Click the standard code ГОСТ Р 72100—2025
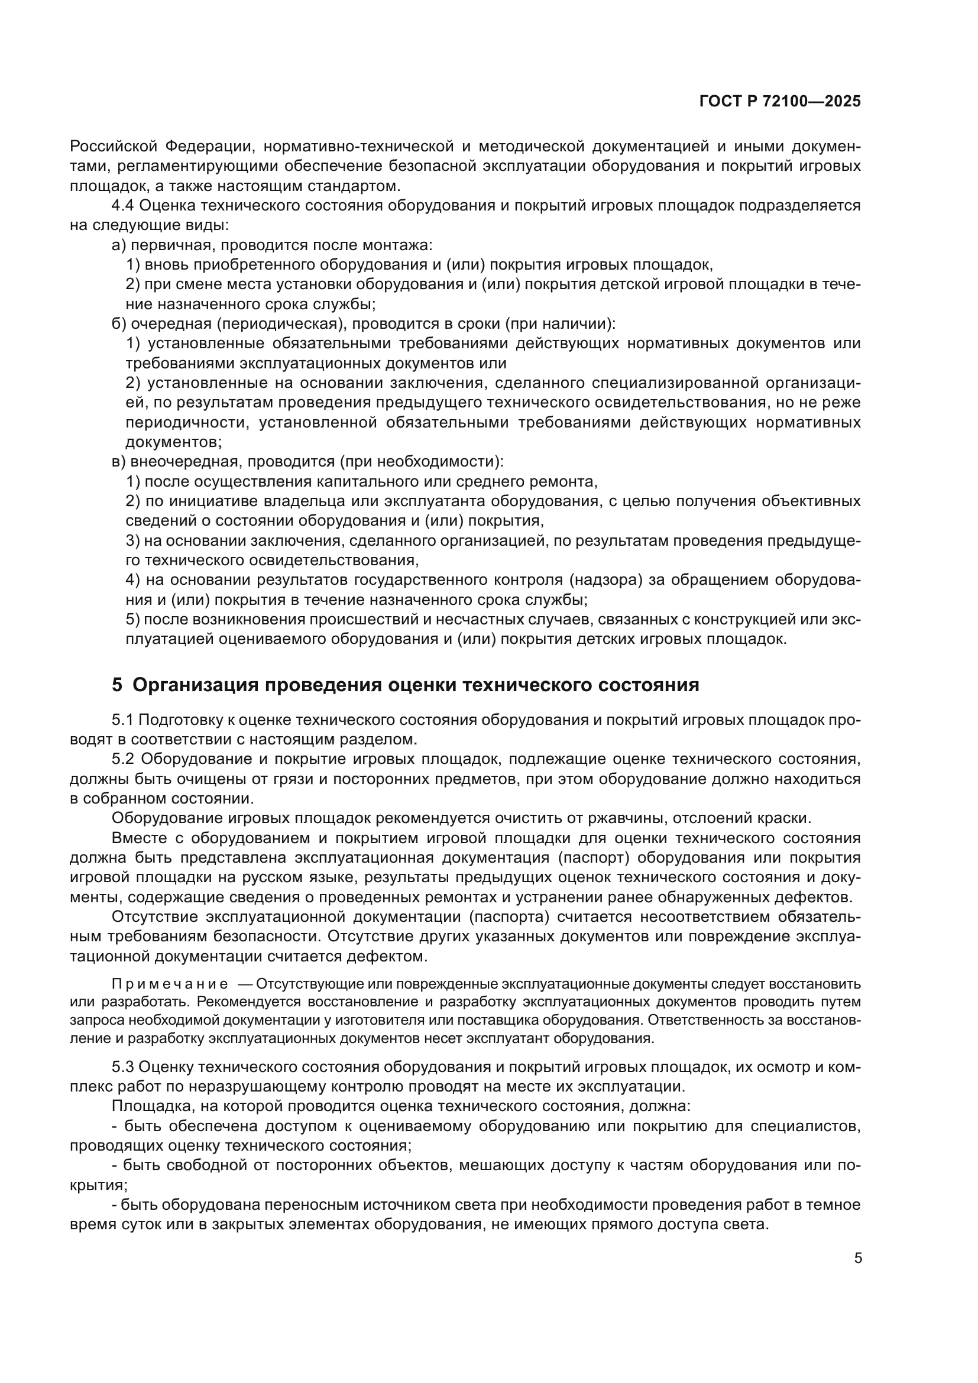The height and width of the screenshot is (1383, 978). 780,102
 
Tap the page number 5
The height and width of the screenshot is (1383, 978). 858,1258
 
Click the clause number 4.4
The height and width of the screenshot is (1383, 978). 123,205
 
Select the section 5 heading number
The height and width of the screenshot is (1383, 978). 117,685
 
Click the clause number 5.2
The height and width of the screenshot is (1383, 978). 123,759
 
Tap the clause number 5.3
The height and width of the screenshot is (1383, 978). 123,1067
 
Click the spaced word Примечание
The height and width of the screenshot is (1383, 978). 170,984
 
